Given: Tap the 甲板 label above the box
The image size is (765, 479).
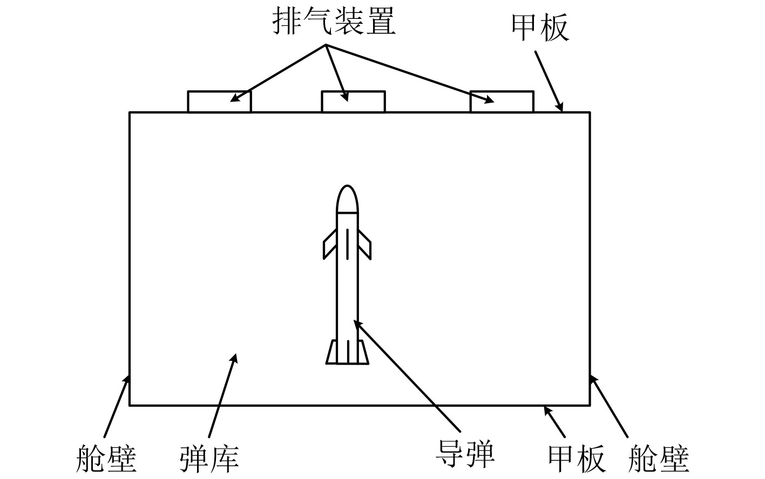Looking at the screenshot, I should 540,28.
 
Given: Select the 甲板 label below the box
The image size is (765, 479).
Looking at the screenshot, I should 576,458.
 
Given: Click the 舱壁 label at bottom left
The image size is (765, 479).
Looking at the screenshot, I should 106,458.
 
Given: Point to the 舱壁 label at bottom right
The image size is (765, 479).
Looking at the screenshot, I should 659,458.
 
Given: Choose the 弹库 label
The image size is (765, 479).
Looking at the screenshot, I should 209,458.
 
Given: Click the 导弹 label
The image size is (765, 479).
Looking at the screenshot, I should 465,454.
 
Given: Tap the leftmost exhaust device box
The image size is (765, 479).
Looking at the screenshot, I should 219,102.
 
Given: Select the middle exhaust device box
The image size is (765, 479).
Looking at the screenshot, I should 353,102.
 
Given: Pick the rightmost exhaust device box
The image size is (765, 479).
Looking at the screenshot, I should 502,102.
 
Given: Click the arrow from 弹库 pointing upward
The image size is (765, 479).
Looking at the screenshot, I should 222,394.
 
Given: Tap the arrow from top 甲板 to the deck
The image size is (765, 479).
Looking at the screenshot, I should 549,81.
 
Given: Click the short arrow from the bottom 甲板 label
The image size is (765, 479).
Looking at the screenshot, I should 555,422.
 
